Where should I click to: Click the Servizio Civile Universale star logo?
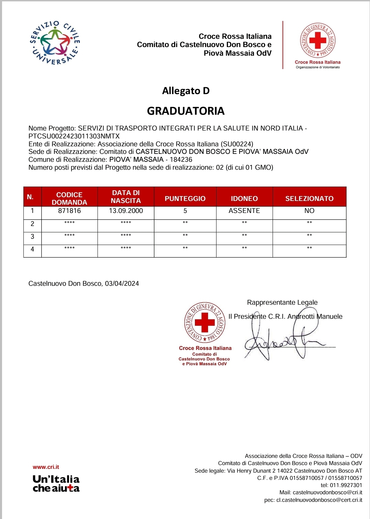coord(55,43)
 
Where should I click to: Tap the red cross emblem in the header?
coord(317,41)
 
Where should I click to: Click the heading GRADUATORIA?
coord(186,111)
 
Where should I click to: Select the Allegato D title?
coord(186,91)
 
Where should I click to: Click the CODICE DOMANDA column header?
coord(69,198)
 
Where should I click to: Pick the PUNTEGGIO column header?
coord(185,199)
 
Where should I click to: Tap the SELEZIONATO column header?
coord(309,199)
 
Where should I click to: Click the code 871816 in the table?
coord(69,211)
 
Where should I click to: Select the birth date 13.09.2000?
coord(126,211)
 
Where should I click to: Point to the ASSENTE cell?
coord(244,211)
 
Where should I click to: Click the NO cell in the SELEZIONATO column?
coord(309,211)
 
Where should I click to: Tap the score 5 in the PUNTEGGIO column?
coord(185,211)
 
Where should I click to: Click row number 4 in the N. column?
coord(32,249)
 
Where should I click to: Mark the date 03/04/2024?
coord(122,284)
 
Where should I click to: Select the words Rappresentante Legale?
coord(282,303)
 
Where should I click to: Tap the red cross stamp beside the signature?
coord(205,323)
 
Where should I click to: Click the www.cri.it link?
coord(46,467)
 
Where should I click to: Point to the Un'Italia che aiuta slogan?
coord(56,484)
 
